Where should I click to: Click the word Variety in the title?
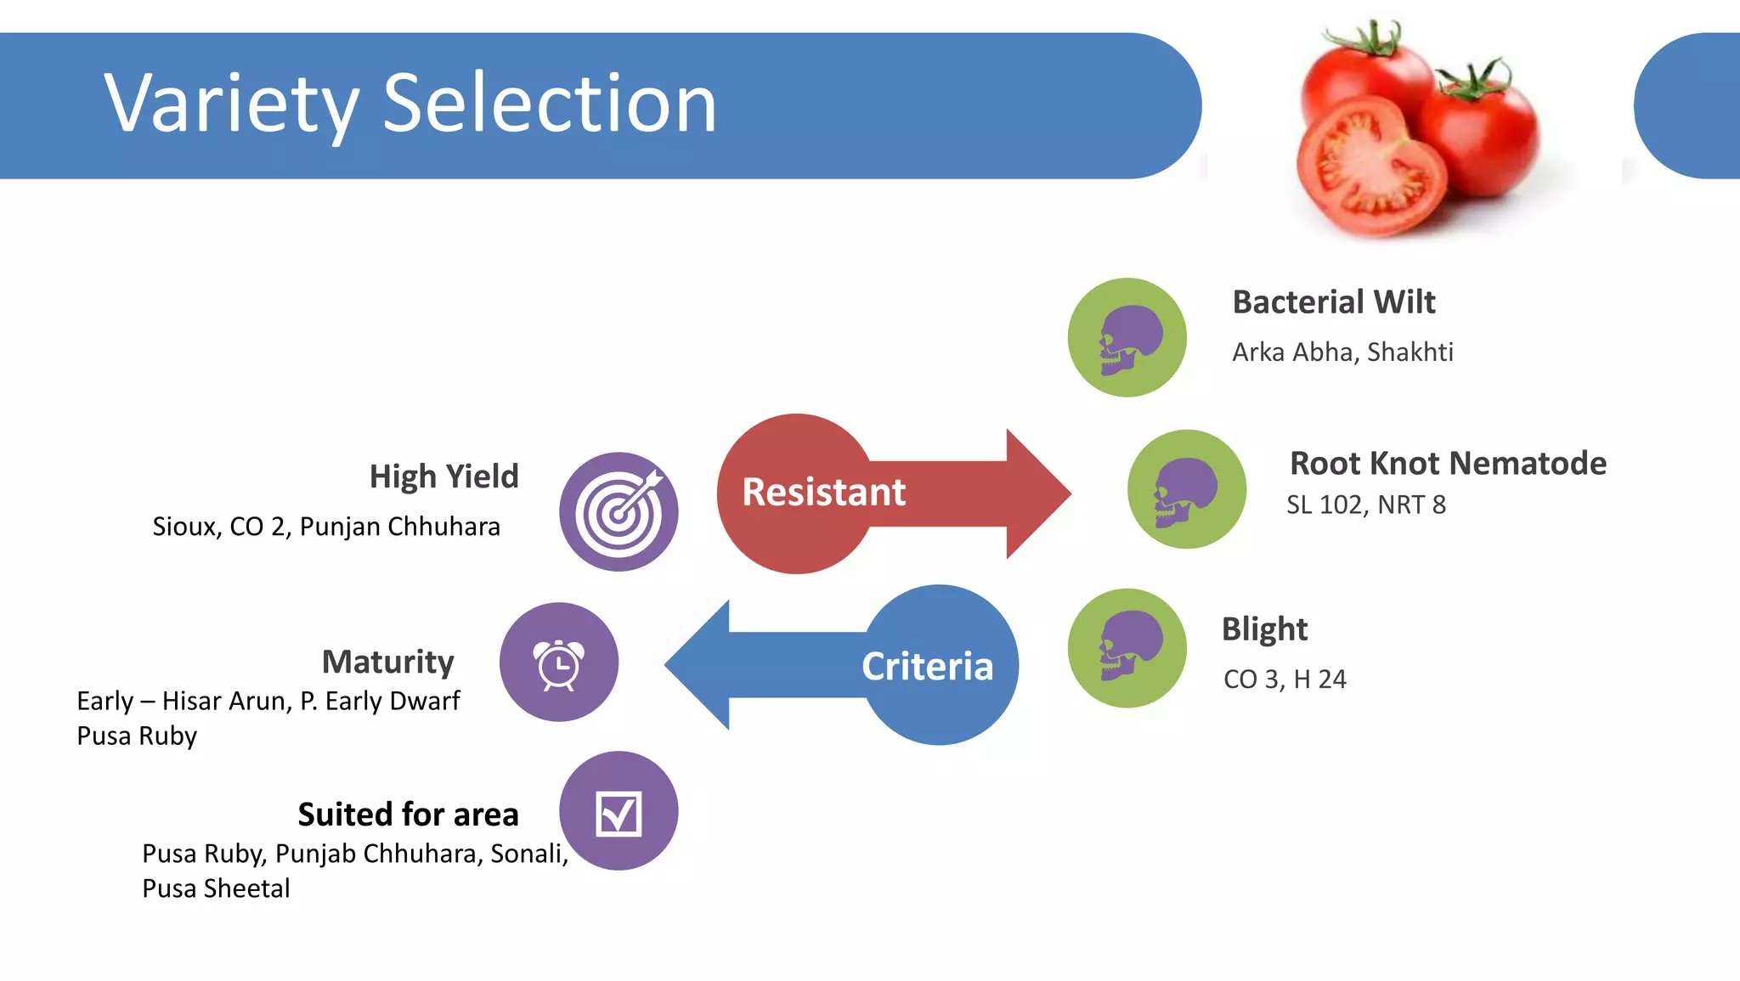pyautogui.click(x=231, y=104)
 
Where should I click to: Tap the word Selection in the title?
pyautogui.click(x=550, y=104)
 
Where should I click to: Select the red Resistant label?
pyautogui.click(x=823, y=493)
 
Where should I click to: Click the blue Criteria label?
pyautogui.click(x=927, y=667)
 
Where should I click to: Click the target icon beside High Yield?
pyautogui.click(x=619, y=512)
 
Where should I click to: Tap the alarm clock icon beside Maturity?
pyautogui.click(x=559, y=662)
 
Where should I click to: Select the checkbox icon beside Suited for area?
pyautogui.click(x=619, y=812)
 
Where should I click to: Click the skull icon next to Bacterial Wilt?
pyautogui.click(x=1127, y=338)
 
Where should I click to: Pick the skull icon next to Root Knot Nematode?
pyautogui.click(x=1187, y=490)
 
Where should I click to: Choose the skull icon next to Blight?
pyautogui.click(x=1127, y=648)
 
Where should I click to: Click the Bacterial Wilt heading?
pyautogui.click(x=1334, y=302)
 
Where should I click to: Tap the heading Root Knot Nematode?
pyautogui.click(x=1448, y=464)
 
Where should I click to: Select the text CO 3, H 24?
pyautogui.click(x=1285, y=679)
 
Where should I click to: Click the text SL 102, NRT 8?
pyautogui.click(x=1365, y=505)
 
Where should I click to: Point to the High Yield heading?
pyautogui.click(x=443, y=476)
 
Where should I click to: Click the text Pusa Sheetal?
pyautogui.click(x=216, y=888)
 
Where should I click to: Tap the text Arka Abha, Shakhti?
pyautogui.click(x=1342, y=352)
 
